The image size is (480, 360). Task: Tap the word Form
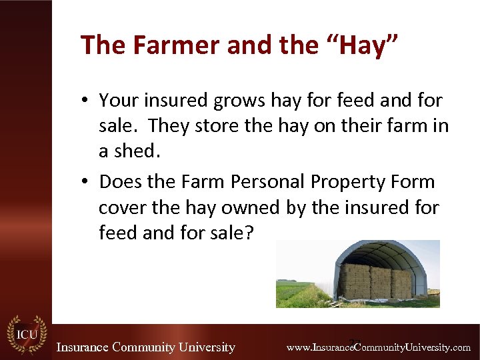[412, 181]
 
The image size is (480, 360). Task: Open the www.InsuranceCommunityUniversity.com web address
[378, 347]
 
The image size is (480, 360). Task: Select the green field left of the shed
[297, 293]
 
